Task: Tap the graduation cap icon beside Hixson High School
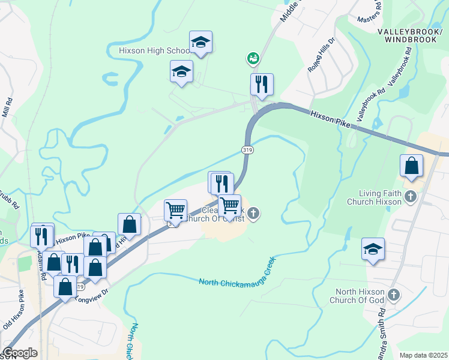tap(200, 43)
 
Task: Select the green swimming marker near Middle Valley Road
tap(253, 58)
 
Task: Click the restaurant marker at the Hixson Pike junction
tap(261, 85)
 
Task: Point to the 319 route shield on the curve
tap(247, 149)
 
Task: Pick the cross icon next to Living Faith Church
tap(411, 196)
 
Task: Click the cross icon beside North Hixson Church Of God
tap(394, 295)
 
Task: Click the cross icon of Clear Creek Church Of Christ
tap(253, 213)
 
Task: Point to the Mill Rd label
tap(7, 108)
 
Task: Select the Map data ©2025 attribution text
tap(423, 355)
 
